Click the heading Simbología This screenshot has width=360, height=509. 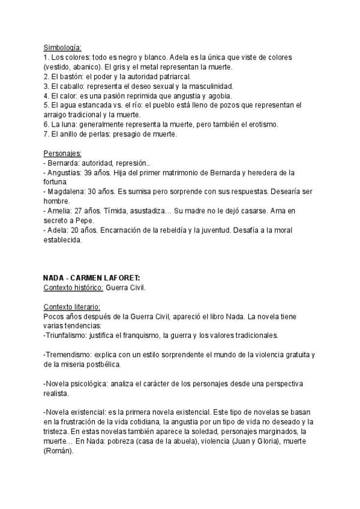pyautogui.click(x=62, y=48)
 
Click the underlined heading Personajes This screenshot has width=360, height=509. pyautogui.click(x=63, y=153)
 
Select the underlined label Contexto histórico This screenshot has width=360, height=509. pyautogui.click(x=73, y=288)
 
